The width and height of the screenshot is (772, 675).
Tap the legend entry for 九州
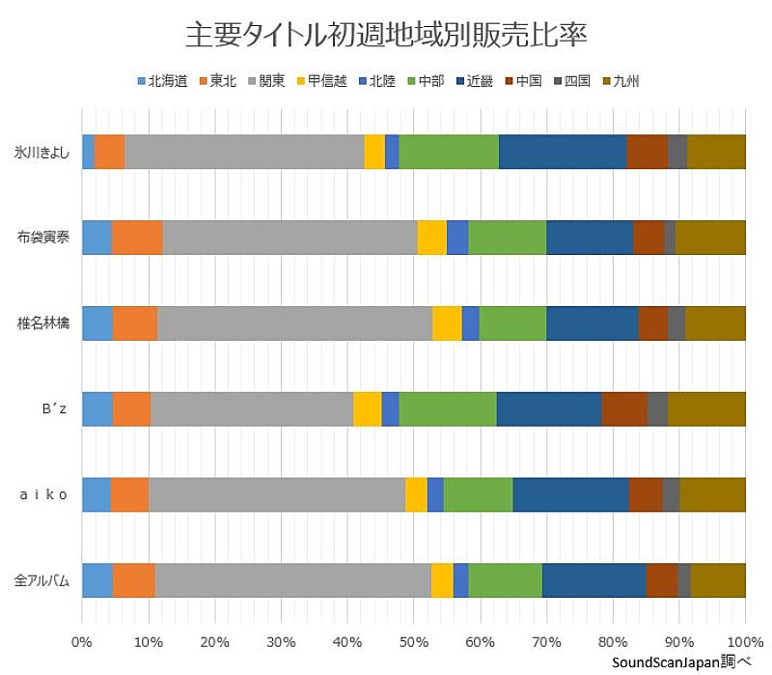620,81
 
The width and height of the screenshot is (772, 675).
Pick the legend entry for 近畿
474,81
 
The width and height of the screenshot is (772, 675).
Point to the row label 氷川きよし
42,153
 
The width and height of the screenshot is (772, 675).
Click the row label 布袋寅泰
42,238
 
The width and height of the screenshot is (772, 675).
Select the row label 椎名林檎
42,323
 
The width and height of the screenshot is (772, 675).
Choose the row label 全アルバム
42,580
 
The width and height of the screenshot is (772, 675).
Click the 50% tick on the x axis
413,641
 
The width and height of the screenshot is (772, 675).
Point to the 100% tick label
743,641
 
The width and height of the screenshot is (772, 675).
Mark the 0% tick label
82,641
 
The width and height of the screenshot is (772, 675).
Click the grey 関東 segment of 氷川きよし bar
244,153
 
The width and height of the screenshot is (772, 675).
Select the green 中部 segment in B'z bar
448,408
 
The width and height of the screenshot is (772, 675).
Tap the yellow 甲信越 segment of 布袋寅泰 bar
431,238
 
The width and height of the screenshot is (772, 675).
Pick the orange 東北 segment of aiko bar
129,494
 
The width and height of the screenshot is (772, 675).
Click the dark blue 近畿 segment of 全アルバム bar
593,580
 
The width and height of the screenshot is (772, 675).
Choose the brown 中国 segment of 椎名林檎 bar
652,323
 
